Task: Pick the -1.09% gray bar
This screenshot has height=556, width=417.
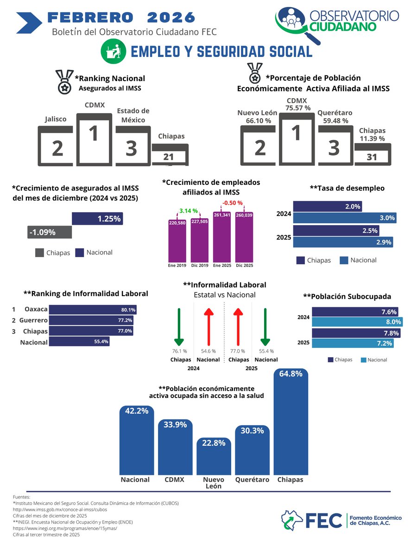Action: pos(50,232)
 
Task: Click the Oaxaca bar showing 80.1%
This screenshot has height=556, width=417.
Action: pos(93,310)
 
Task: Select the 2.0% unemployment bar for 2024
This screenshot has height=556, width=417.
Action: pos(328,207)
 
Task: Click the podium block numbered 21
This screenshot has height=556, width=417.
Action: pos(170,155)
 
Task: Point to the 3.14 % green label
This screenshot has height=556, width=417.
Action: pos(189,212)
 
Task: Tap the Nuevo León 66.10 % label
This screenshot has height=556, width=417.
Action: pos(257,117)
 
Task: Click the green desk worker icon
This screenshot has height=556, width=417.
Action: pos(114,51)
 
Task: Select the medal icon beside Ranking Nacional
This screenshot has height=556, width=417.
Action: pos(64,82)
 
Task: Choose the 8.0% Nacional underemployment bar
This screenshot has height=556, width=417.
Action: pos(357,322)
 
